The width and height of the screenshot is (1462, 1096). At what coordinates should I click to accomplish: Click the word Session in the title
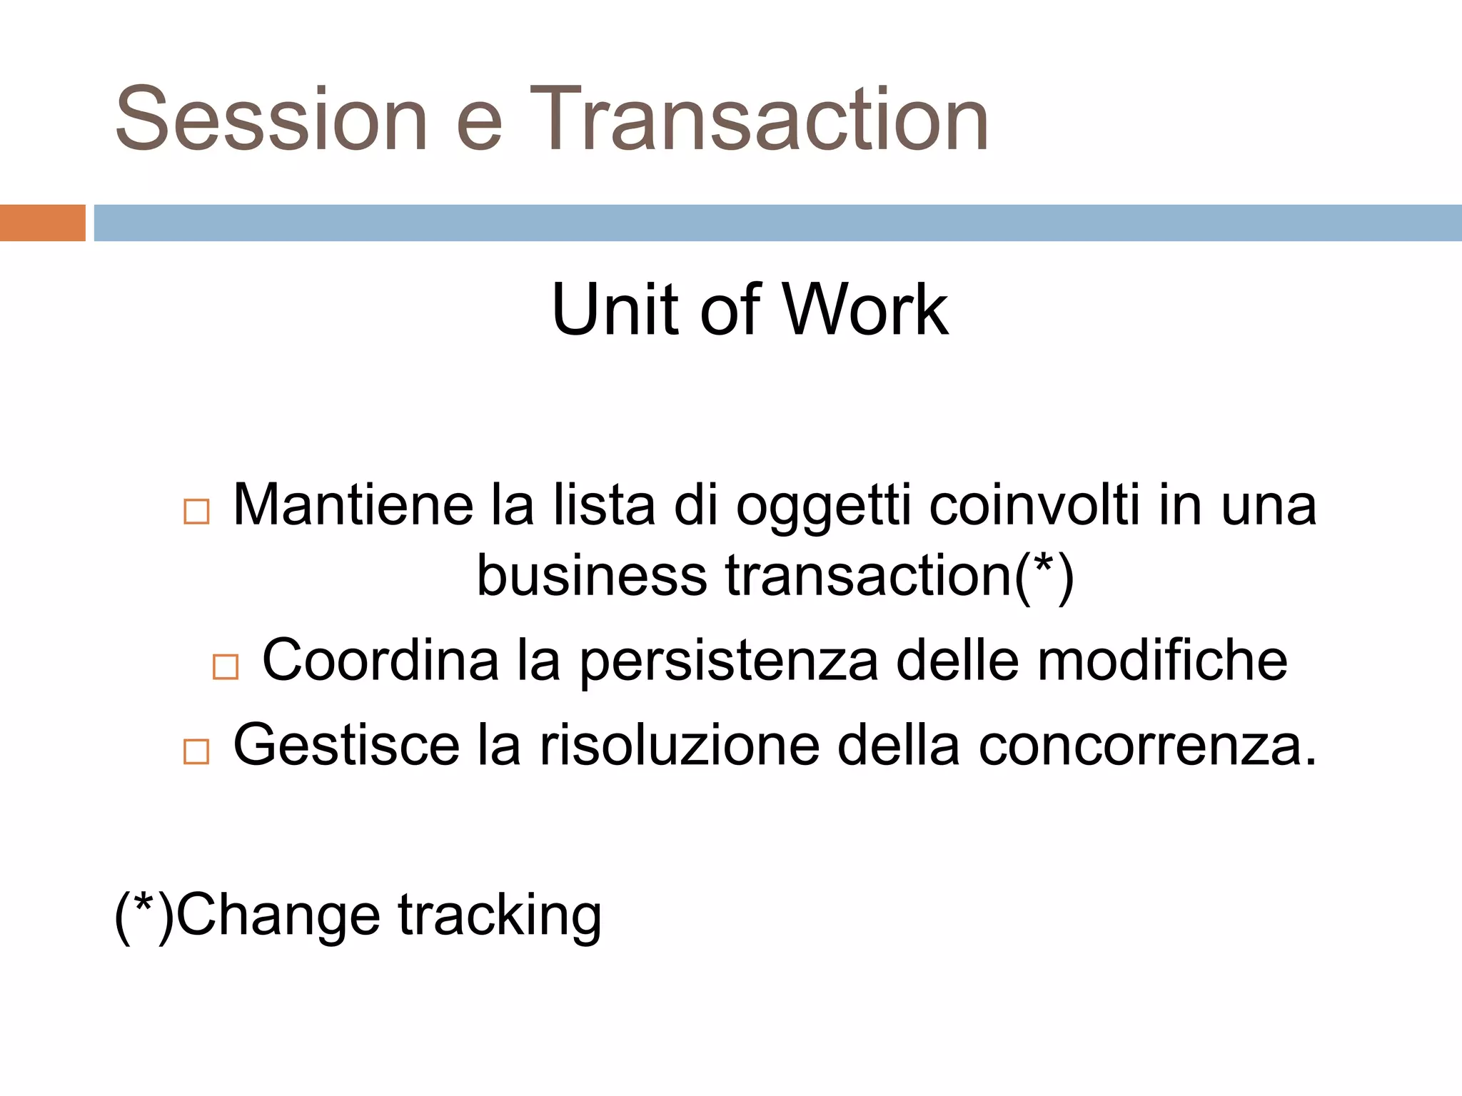point(271,119)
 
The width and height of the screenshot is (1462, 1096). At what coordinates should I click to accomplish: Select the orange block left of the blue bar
point(42,223)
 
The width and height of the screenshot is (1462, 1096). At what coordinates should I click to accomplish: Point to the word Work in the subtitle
point(866,310)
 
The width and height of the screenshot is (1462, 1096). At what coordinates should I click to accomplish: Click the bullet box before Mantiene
point(196,512)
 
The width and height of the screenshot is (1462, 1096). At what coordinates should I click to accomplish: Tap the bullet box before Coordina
point(226,666)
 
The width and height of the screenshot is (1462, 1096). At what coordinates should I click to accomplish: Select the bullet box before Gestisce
point(196,751)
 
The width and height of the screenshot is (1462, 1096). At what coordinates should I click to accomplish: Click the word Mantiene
point(353,505)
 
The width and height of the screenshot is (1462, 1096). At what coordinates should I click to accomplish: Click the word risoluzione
point(679,746)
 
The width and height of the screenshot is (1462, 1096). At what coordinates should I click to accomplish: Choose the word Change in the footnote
point(278,916)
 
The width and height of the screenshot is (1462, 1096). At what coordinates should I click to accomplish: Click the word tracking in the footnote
point(500,916)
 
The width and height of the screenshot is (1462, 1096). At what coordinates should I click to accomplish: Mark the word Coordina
point(380,660)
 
